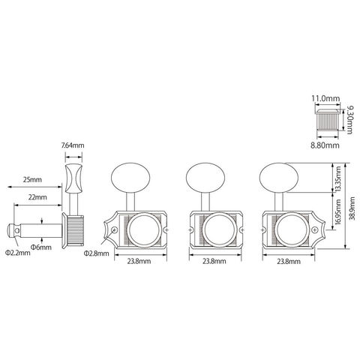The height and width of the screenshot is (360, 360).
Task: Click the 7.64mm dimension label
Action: (x=73, y=145)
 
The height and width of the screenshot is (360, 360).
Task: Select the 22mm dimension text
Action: (x=37, y=197)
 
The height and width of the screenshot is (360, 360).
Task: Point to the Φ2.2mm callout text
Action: (x=18, y=253)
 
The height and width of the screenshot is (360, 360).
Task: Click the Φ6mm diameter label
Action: (x=41, y=247)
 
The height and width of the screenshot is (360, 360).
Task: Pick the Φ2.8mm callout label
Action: (x=97, y=253)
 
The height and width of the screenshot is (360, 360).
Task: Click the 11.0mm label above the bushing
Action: (x=325, y=98)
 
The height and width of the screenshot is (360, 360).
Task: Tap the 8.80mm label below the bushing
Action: (x=325, y=145)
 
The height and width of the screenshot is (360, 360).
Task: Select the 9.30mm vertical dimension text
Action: (x=349, y=120)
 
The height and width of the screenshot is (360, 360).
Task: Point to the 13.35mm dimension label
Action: (x=338, y=178)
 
